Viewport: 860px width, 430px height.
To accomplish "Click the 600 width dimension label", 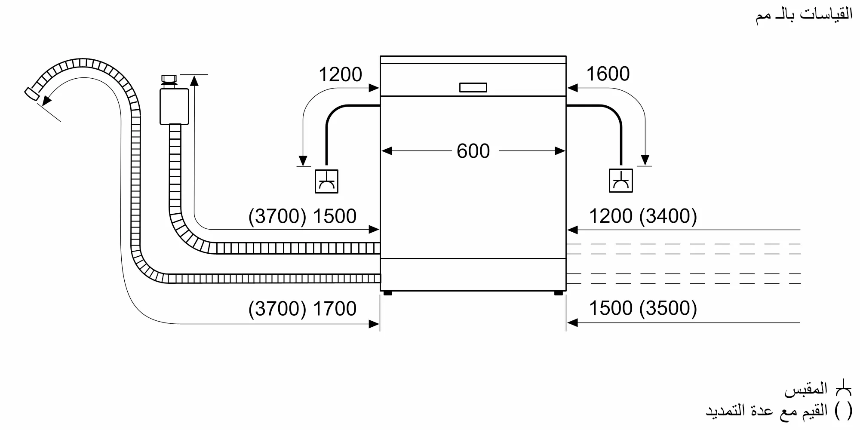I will (x=473, y=151).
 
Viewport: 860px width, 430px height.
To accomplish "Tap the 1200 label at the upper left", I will (x=340, y=75).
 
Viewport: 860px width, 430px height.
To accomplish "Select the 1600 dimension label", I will (x=608, y=74).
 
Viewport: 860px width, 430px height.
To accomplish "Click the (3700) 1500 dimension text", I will (x=302, y=216).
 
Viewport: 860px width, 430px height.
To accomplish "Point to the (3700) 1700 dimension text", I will (x=302, y=309).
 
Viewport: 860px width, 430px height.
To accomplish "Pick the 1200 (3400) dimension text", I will (x=642, y=216).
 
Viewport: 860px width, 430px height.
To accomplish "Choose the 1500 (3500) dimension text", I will (x=642, y=308).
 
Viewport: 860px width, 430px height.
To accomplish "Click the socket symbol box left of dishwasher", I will (x=326, y=181).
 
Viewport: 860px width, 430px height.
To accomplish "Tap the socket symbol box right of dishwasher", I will (x=620, y=181).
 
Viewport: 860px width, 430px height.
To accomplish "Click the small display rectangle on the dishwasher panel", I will (x=473, y=87).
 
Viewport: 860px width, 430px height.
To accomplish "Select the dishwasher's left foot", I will (x=387, y=293).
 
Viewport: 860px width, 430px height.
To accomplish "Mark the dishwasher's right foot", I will (x=558, y=293).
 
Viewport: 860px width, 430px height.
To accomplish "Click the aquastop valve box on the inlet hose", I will (x=174, y=107).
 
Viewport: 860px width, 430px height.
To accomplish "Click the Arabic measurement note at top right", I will (x=804, y=15).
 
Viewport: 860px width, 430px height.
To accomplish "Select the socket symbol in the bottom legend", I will (x=843, y=389).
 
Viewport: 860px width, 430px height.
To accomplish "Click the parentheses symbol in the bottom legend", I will (x=843, y=411).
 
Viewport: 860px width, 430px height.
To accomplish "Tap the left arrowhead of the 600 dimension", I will (x=387, y=151).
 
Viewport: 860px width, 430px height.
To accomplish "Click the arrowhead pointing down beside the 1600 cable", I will (x=645, y=160).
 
